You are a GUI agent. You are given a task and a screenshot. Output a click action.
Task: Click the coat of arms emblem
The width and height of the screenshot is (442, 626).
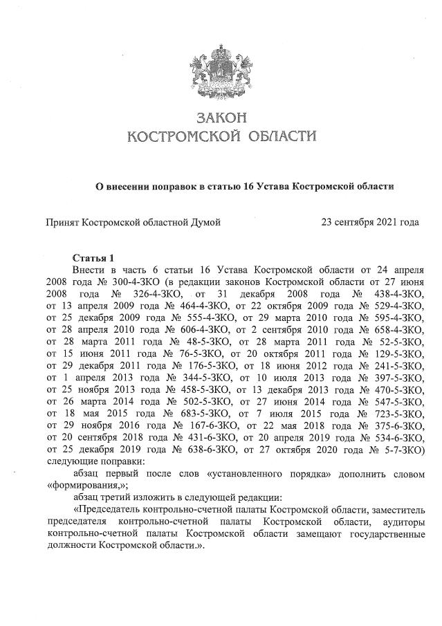click(221, 72)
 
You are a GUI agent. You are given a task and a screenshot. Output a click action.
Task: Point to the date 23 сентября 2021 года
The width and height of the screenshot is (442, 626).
click(370, 223)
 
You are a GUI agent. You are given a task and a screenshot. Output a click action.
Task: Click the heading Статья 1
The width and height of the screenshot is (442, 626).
click(93, 258)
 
